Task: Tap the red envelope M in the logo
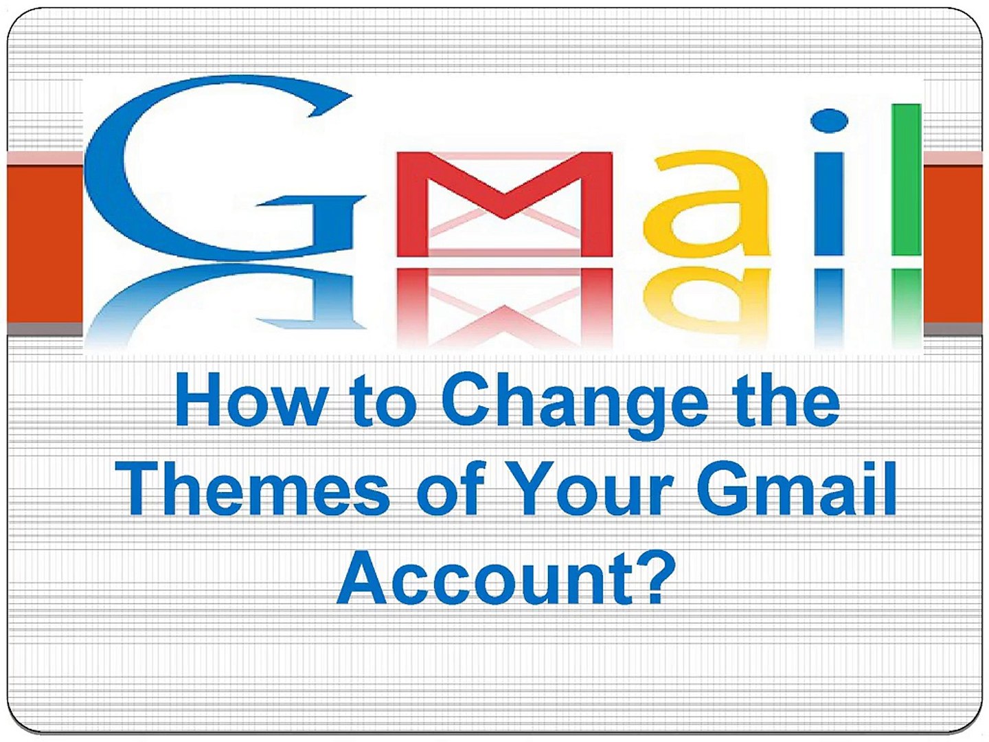[x=505, y=203]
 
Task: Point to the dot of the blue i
[x=829, y=121]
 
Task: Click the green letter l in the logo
[x=907, y=179]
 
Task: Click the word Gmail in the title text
[x=797, y=488]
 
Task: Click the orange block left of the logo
[x=45, y=240]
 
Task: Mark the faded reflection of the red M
[x=505, y=306]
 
